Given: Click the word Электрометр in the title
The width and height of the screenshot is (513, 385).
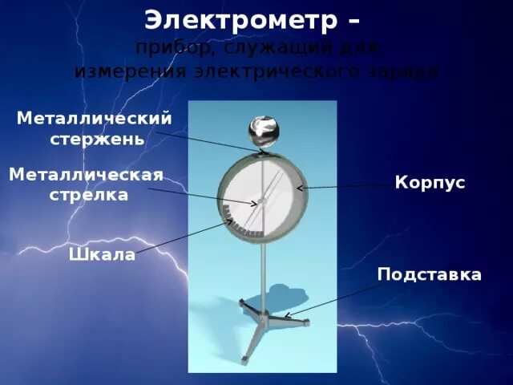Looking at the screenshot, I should pyautogui.click(x=240, y=19).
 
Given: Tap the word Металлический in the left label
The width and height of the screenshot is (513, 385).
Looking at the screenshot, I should pyautogui.click(x=95, y=118).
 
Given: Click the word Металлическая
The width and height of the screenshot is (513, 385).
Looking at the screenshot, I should pyautogui.click(x=87, y=175).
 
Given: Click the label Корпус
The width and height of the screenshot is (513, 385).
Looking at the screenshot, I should pyautogui.click(x=430, y=183).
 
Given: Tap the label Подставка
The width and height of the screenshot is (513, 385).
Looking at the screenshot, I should pyautogui.click(x=430, y=275).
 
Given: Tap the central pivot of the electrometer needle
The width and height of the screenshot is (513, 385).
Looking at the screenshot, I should pyautogui.click(x=261, y=201).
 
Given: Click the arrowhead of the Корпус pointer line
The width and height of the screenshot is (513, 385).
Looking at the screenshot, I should pyautogui.click(x=300, y=188).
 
